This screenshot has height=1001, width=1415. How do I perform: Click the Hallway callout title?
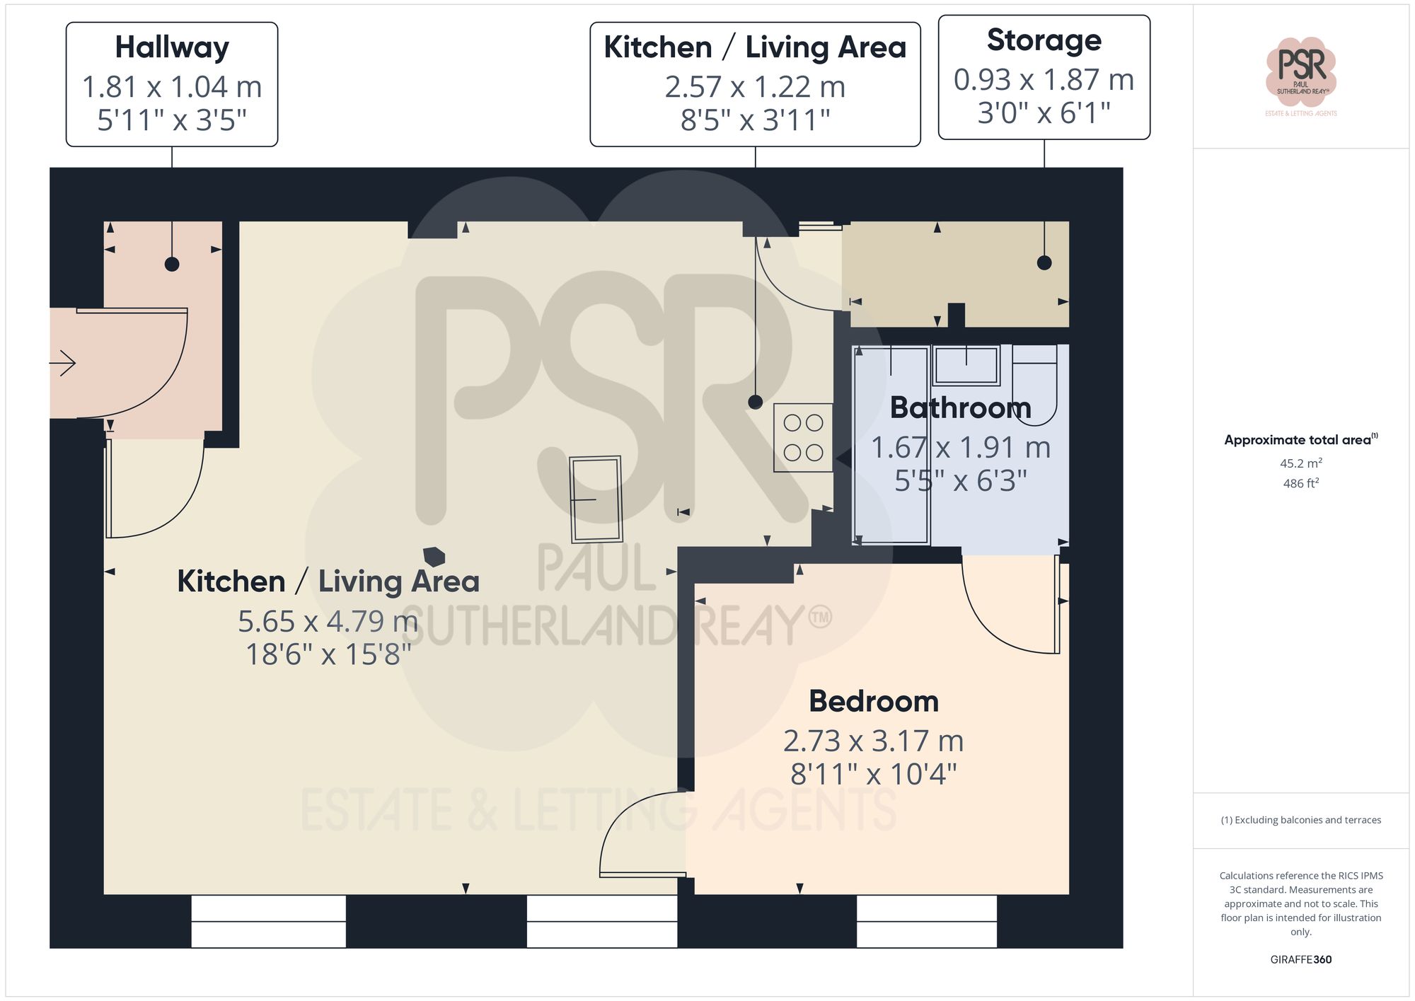[x=172, y=47]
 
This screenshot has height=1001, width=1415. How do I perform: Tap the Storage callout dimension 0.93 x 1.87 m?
[x=1044, y=80]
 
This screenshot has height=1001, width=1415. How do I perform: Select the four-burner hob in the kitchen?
[x=803, y=437]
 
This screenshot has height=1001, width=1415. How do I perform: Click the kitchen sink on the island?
[x=596, y=499]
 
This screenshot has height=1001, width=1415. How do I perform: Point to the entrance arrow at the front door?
[x=64, y=363]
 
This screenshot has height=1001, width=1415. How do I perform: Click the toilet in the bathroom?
[x=1034, y=386]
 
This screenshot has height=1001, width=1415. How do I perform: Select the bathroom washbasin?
[x=966, y=366]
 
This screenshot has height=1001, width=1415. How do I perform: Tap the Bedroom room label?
[x=874, y=701]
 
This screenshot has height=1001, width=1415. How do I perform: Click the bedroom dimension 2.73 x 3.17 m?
[x=874, y=741]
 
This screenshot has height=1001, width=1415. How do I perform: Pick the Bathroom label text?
[x=960, y=407]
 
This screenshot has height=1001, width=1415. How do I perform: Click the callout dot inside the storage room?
[x=1044, y=263]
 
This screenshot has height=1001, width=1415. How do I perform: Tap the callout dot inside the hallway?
[x=172, y=265]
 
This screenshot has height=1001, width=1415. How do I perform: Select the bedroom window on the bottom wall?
[x=926, y=921]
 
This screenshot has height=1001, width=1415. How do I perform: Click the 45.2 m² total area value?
[x=1300, y=463]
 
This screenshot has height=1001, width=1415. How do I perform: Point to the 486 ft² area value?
[x=1300, y=483]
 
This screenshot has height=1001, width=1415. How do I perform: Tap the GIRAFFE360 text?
[x=1300, y=959]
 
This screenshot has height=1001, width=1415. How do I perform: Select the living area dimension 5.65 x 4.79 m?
[x=328, y=621]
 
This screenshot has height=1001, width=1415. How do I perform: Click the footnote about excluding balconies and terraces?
[x=1300, y=820]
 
